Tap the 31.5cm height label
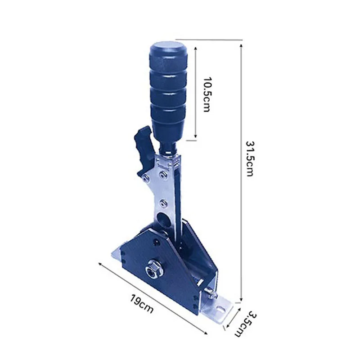(249, 158)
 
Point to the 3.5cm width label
(246, 324)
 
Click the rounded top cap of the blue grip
(168, 48)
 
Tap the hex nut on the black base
(153, 268)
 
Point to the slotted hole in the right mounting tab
(220, 310)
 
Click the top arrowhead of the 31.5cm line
(241, 45)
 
